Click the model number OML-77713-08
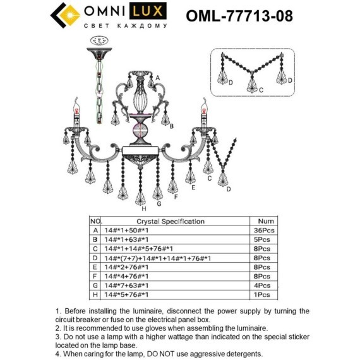tap(239, 15)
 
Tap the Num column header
tap(266, 222)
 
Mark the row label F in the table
tap(95, 277)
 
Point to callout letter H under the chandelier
tap(144, 208)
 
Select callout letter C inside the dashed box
tap(261, 91)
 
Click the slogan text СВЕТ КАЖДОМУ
tap(126, 26)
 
